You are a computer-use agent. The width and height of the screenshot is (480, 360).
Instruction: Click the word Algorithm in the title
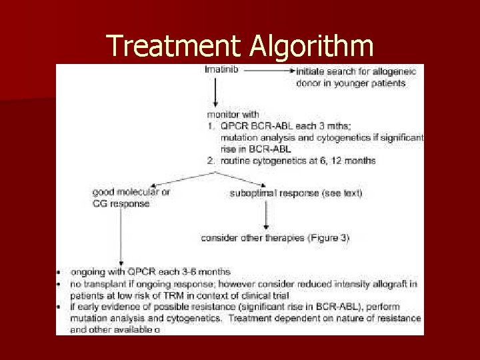[311, 45]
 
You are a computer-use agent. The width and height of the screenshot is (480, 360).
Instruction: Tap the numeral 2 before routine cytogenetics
[211, 161]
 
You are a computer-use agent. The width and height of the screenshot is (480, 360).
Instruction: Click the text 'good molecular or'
[131, 192]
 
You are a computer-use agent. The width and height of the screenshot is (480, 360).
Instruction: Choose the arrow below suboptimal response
[266, 214]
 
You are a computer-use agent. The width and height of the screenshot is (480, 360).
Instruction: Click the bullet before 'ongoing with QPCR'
[60, 272]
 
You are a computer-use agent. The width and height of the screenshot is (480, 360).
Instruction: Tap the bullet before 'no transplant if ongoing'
[60, 284]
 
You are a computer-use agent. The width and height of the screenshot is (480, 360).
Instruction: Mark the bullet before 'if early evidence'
[60, 307]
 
